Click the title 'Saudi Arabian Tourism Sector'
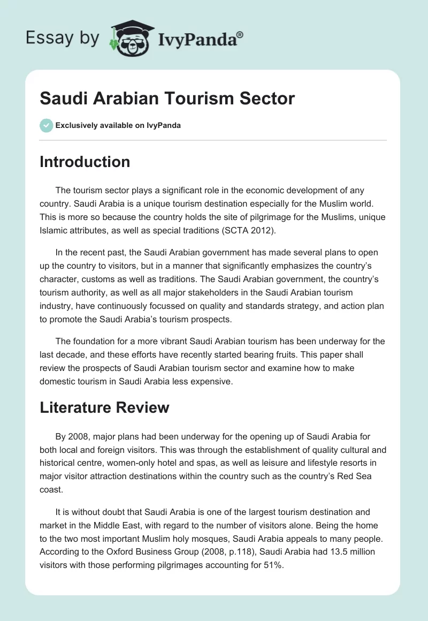coord(167,99)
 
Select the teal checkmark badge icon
coord(46,125)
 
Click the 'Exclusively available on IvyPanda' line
coord(118,125)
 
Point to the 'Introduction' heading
coord(85,162)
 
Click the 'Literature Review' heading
coord(104,407)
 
